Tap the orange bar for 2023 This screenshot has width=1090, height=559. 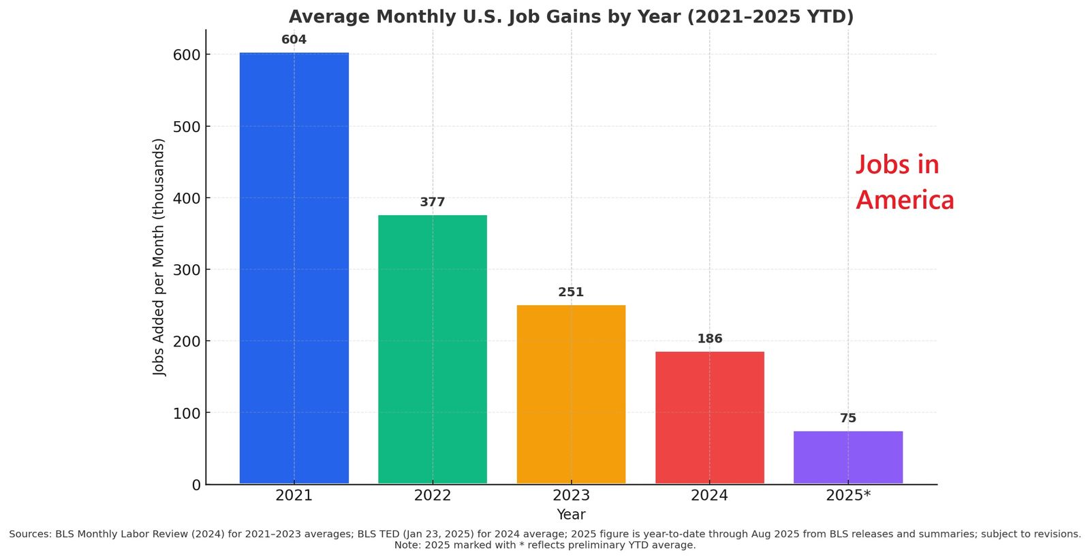pyautogui.click(x=571, y=394)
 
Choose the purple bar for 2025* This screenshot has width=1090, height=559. pyautogui.click(x=847, y=458)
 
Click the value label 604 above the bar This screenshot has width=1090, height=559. pyautogui.click(x=294, y=39)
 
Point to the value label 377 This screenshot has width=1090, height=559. pyautogui.click(x=433, y=202)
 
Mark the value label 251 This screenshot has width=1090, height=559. pyautogui.click(x=571, y=292)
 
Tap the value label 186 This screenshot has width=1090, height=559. pyautogui.click(x=709, y=339)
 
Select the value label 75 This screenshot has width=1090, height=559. pyautogui.click(x=847, y=418)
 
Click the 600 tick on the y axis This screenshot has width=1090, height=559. pyautogui.click(x=187, y=54)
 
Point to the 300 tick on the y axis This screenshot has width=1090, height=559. pyautogui.click(x=187, y=270)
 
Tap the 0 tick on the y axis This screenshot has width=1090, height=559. pyautogui.click(x=196, y=485)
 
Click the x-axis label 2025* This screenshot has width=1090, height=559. pyautogui.click(x=847, y=496)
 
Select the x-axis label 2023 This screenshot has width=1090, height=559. pyautogui.click(x=571, y=496)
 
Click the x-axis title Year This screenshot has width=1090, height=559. pyautogui.click(x=571, y=515)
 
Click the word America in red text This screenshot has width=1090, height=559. pyautogui.click(x=905, y=200)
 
